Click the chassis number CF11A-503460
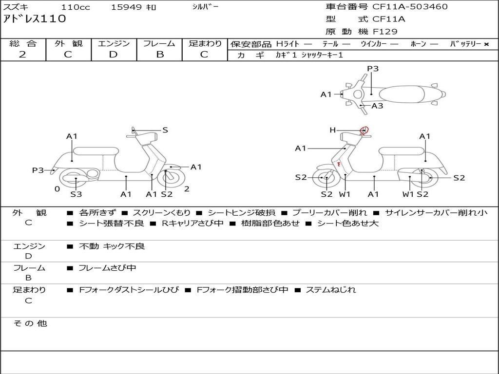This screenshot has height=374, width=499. (410, 7)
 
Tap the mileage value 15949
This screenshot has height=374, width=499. (126, 7)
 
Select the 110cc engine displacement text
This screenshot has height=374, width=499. (72, 7)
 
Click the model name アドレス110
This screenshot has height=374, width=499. (34, 19)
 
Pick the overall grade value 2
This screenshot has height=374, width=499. (22, 55)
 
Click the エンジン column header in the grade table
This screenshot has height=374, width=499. (114, 43)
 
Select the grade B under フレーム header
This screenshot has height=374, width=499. (159, 55)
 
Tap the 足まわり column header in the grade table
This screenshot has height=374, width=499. (205, 43)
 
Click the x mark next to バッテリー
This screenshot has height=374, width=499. (486, 44)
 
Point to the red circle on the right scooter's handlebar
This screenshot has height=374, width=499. (364, 131)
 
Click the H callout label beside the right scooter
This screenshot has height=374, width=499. (332, 130)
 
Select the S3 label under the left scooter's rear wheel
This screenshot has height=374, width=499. (76, 194)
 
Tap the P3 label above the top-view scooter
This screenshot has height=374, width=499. (373, 69)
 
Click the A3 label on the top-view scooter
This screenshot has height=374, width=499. (377, 106)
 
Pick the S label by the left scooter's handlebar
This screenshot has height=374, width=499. (165, 130)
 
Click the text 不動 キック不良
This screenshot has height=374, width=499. (112, 246)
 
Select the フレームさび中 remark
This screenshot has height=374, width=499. (108, 268)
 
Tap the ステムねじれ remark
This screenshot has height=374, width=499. (331, 290)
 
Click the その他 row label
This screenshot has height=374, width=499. (30, 323)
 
